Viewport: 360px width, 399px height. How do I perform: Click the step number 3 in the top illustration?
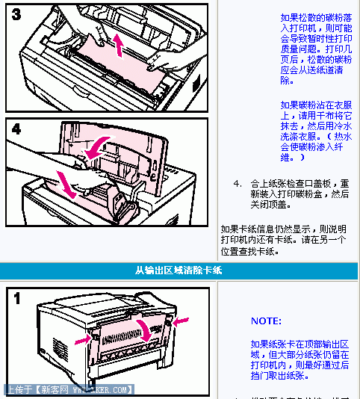pyautogui.click(x=16, y=15)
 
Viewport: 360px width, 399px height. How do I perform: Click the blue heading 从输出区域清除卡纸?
pyautogui.click(x=179, y=270)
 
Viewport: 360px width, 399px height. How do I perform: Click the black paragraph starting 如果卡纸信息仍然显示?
pyautogui.click(x=283, y=239)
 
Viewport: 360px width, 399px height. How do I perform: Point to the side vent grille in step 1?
pyautogui.click(x=59, y=348)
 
